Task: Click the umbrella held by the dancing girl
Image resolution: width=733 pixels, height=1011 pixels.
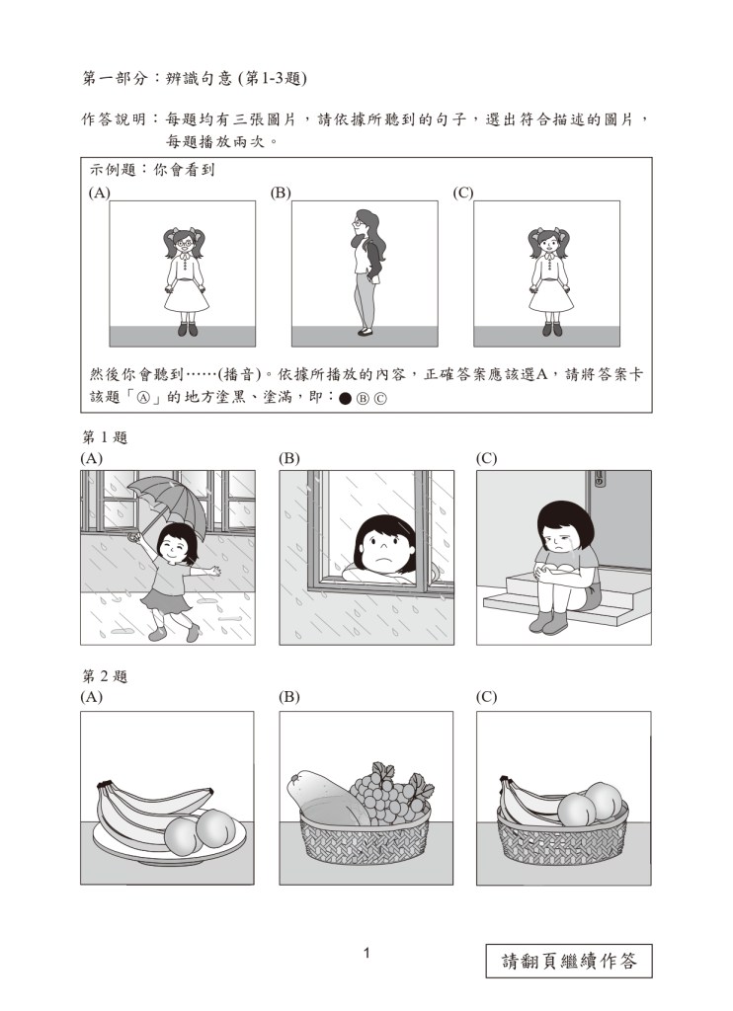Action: point(168,502)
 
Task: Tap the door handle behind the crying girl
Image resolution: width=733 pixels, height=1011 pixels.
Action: point(598,479)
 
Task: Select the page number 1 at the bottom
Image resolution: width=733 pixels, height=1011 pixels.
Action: point(366,953)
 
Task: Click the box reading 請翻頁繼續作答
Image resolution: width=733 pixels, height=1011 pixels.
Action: point(568,961)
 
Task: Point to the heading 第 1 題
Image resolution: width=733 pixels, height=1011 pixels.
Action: point(105,437)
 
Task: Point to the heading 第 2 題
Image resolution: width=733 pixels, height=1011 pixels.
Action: point(105,676)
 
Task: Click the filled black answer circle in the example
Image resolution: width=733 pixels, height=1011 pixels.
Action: point(345,399)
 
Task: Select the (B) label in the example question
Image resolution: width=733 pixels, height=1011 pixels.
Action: point(281,193)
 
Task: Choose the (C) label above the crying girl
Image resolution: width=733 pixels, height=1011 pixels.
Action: point(486,458)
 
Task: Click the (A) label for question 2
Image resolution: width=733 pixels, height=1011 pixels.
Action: point(91,697)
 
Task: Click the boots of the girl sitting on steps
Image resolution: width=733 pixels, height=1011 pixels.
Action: point(548,622)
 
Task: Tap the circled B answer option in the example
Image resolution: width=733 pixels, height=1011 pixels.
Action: point(362,399)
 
